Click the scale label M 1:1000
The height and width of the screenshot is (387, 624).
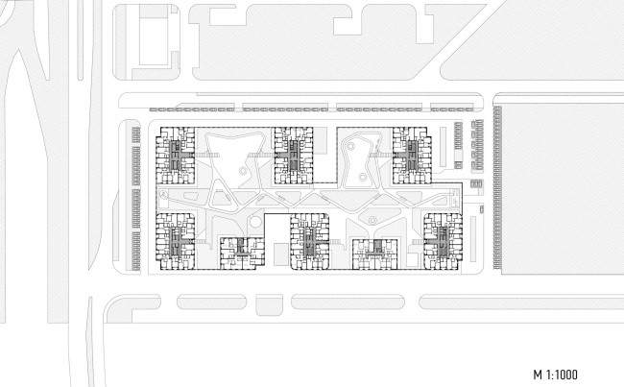[x=555, y=375]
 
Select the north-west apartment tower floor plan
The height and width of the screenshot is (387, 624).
[x=175, y=156]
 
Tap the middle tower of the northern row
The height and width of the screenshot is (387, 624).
[x=294, y=156]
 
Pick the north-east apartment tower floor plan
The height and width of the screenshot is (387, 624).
[x=412, y=156]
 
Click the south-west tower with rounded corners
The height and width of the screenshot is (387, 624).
[x=175, y=242]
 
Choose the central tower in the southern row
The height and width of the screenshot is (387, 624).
[x=310, y=242]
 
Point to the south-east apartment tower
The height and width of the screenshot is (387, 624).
[x=444, y=242]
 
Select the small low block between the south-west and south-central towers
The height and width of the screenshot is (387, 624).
[x=242, y=254]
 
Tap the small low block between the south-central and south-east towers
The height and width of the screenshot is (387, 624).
[x=374, y=254]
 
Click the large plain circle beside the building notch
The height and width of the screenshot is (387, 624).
[x=256, y=222]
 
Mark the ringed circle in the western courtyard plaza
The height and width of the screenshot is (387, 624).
[x=242, y=171]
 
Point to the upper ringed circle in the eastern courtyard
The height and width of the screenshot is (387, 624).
[x=350, y=147]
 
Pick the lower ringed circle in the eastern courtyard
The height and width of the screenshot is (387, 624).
[x=362, y=177]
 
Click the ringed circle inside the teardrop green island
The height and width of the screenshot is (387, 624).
[x=372, y=220]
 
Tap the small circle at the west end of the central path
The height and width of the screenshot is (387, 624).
[x=163, y=194]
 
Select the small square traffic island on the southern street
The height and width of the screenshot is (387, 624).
[x=269, y=305]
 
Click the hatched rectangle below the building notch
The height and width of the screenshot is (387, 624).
[x=281, y=254]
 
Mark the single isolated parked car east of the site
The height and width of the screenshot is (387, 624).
[x=481, y=209]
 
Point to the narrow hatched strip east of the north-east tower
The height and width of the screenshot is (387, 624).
[x=443, y=147]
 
